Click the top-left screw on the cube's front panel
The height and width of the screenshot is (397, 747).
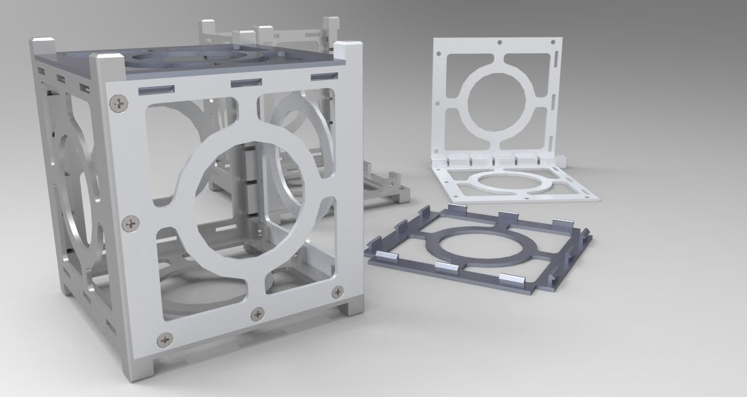[120, 104]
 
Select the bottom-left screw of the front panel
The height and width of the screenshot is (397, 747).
[165, 338]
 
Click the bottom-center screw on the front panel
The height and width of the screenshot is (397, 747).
[257, 315]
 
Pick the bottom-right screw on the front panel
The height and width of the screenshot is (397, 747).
[337, 292]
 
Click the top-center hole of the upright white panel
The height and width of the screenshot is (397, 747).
[500, 43]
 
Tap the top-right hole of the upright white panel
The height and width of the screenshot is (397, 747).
[551, 42]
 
